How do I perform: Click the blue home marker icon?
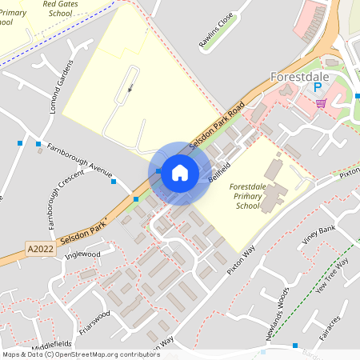coord(180,172)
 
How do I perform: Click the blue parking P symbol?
coord(318,88)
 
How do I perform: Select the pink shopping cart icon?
coord(321,103)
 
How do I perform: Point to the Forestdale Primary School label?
coord(248,196)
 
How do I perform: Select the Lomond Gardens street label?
coord(61,86)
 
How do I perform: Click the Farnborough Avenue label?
coord(79,158)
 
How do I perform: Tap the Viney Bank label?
coord(318,234)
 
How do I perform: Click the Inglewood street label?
coord(83,255)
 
